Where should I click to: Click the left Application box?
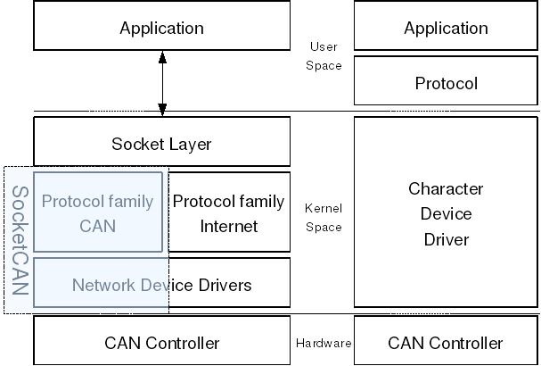pyautogui.click(x=161, y=28)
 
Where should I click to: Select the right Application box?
pyautogui.click(x=446, y=28)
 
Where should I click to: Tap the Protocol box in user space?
pyautogui.click(x=446, y=83)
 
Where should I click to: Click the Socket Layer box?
pyautogui.click(x=161, y=143)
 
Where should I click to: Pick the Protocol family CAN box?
pyautogui.click(x=98, y=212)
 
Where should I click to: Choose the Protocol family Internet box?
pyautogui.click(x=229, y=212)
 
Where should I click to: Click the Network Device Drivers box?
pyautogui.click(x=161, y=285)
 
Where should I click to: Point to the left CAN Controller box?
pyautogui.click(x=161, y=343)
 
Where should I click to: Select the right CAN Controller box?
pyautogui.click(x=446, y=343)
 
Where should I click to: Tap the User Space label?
pyautogui.click(x=324, y=56)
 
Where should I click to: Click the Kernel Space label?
pyautogui.click(x=323, y=217)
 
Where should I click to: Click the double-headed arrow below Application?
pyautogui.click(x=162, y=83)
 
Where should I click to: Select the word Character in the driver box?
pyautogui.click(x=446, y=188)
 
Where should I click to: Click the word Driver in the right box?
pyautogui.click(x=446, y=239)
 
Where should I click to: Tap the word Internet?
pyautogui.click(x=228, y=226)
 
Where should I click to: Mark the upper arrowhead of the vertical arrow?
pyautogui.click(x=162, y=57)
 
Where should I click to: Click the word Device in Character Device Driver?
pyautogui.click(x=446, y=214)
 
